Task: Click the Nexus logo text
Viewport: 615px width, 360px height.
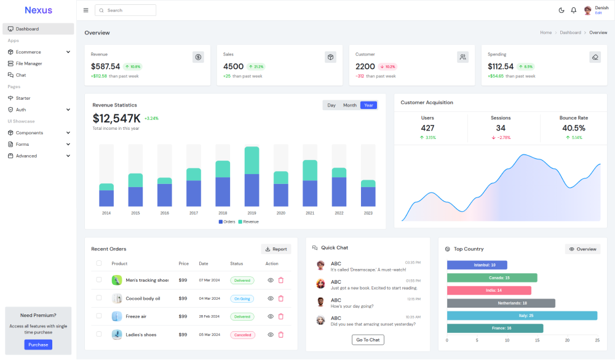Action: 38,10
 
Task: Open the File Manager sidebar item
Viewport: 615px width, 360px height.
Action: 29,63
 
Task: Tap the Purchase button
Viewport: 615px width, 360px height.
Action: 38,345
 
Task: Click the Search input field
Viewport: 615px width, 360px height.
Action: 129,10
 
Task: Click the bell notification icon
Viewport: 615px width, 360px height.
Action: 574,10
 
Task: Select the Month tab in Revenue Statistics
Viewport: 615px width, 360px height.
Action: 350,105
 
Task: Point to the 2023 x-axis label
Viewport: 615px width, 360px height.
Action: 368,213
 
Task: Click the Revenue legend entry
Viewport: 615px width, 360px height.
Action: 248,222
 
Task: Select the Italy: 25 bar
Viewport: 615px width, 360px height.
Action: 522,316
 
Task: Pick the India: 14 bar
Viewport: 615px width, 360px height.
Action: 489,290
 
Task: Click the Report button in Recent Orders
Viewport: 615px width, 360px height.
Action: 276,249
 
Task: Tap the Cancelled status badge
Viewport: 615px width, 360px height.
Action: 242,335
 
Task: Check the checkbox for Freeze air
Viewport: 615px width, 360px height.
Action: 99,316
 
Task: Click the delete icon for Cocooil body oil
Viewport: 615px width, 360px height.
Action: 281,298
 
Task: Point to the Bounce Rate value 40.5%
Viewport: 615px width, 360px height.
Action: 573,128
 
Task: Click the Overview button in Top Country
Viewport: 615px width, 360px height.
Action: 582,249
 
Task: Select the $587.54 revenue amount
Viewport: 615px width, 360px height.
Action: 105,66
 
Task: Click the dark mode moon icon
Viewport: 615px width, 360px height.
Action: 561,10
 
